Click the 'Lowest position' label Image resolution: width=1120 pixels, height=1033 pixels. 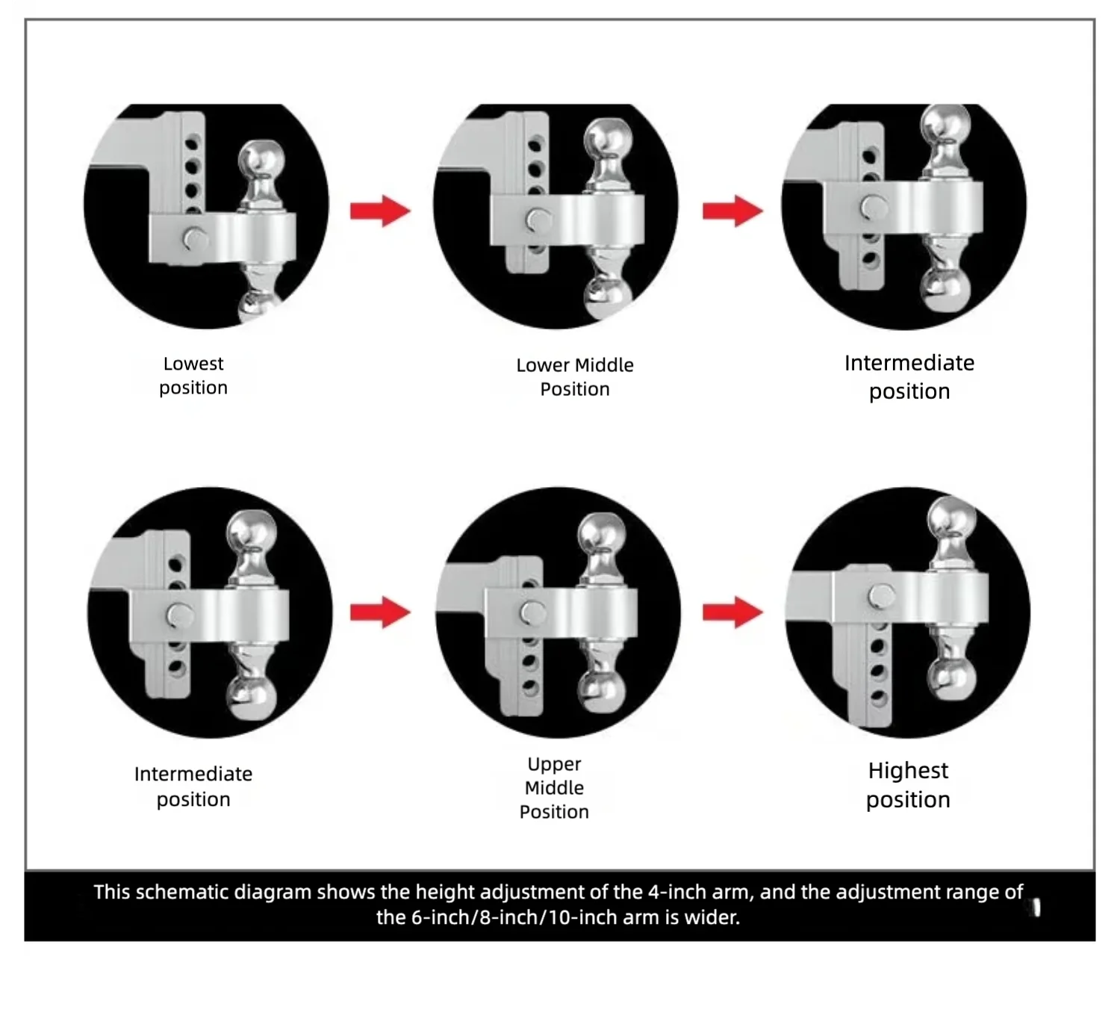click(x=193, y=376)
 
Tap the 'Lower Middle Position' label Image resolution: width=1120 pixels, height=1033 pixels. click(x=575, y=377)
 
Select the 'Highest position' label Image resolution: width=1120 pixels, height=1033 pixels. click(x=908, y=785)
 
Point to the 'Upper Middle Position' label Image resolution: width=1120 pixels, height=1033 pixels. click(x=554, y=787)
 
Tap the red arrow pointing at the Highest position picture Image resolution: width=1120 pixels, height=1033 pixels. click(x=732, y=612)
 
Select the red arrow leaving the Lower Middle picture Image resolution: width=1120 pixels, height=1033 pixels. click(x=732, y=211)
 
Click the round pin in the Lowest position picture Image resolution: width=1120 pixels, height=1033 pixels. click(x=195, y=239)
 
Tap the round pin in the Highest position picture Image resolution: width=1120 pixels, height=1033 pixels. click(x=882, y=596)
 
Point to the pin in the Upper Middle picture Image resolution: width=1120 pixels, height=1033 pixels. click(x=532, y=613)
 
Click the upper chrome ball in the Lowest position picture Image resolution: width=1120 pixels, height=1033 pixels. click(x=261, y=159)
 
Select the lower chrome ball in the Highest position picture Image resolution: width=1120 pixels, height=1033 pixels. click(x=952, y=679)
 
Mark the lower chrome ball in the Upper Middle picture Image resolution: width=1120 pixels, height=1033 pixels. click(x=602, y=693)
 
